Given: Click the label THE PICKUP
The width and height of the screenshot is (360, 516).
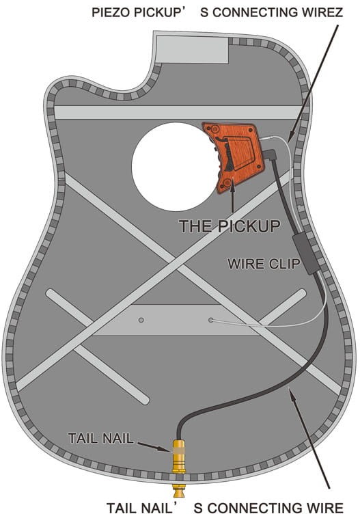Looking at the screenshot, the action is tap(230, 226).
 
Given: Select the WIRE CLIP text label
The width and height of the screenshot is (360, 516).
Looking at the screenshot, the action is tap(264, 264).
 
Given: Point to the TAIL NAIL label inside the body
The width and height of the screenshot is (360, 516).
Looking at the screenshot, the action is tap(101, 438).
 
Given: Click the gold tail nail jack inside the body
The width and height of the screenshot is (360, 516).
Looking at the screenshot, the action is tap(179, 457).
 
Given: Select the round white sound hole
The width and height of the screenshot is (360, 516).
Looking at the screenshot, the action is tap(176, 167).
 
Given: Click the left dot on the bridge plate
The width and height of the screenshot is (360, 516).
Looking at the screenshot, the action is tap(141, 320).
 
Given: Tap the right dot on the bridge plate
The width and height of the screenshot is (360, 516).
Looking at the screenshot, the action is tap(210, 320).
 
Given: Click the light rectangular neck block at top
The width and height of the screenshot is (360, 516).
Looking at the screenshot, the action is tap(192, 49).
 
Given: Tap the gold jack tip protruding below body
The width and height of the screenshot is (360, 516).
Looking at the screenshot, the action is tap(179, 491).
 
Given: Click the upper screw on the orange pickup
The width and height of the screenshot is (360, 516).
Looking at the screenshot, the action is tap(215, 128).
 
